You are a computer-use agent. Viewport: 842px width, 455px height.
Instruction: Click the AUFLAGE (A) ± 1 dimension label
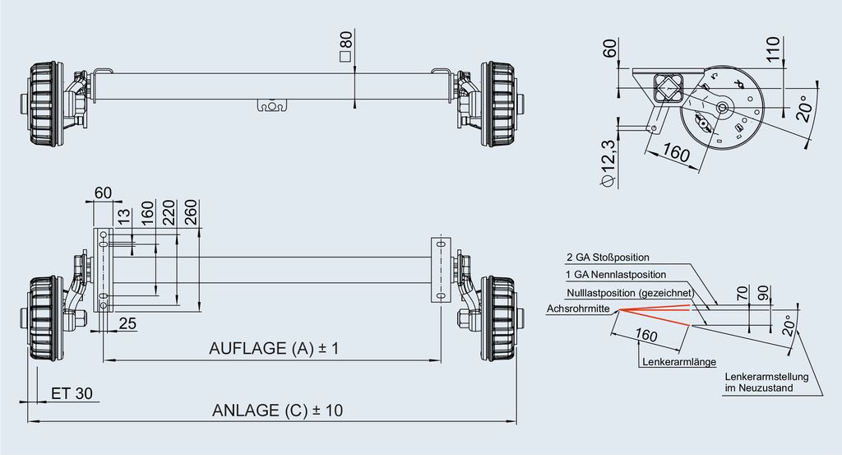tap(274, 349)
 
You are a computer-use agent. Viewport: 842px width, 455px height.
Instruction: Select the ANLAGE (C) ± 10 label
tap(277, 411)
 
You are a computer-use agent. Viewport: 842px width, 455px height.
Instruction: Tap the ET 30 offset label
tap(72, 394)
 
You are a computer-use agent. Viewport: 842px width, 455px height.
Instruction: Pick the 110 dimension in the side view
tap(773, 49)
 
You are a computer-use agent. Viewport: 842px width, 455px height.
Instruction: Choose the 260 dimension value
tap(191, 213)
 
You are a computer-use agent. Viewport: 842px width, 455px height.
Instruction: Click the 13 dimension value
tap(124, 217)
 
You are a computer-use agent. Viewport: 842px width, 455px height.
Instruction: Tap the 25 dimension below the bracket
tap(127, 323)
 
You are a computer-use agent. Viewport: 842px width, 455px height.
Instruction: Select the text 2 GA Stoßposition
tap(608, 258)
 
